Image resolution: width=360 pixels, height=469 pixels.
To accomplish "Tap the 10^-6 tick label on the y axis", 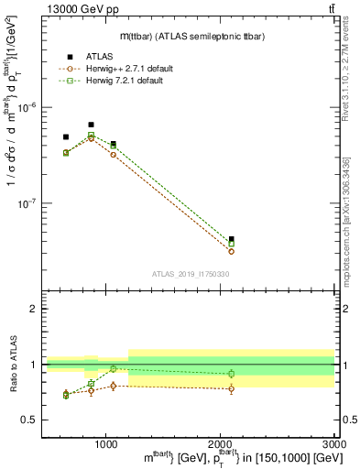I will click(x=28, y=107).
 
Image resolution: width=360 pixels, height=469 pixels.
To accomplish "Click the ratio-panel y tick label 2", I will click(x=34, y=309).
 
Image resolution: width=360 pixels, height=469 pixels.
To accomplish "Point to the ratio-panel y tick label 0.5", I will click(x=30, y=420).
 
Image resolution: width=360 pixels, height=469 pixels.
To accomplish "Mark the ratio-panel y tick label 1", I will click(x=34, y=365).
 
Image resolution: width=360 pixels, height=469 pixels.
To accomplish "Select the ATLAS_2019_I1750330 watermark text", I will click(x=190, y=273).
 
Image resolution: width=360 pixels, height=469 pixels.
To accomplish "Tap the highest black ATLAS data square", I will click(x=91, y=125).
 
